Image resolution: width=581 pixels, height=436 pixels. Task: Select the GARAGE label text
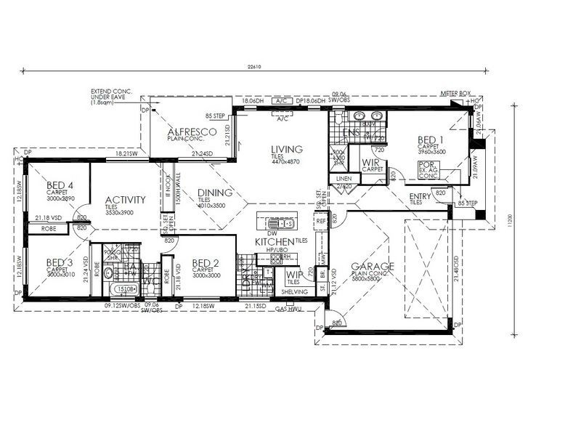[x=371, y=267]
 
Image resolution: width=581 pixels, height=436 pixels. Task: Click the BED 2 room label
[x=205, y=263]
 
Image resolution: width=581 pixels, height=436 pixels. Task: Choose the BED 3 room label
[x=59, y=262]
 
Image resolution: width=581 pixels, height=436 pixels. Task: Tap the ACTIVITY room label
[x=125, y=200]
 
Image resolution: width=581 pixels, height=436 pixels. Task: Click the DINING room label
[x=215, y=193]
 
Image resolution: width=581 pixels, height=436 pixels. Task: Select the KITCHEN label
[x=274, y=241]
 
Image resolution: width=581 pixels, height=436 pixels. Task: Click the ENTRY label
[x=420, y=196]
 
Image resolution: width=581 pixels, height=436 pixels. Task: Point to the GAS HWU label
[x=288, y=309]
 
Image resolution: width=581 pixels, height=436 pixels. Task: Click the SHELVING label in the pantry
[x=294, y=292]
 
